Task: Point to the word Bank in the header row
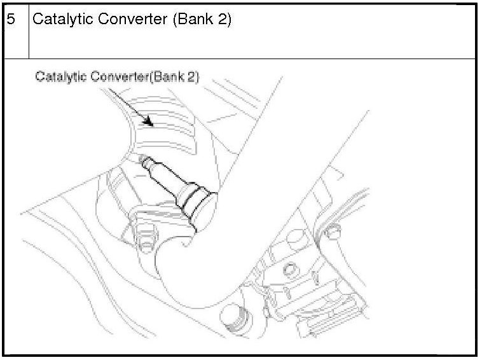click(x=194, y=19)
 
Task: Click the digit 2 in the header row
click(x=223, y=19)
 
